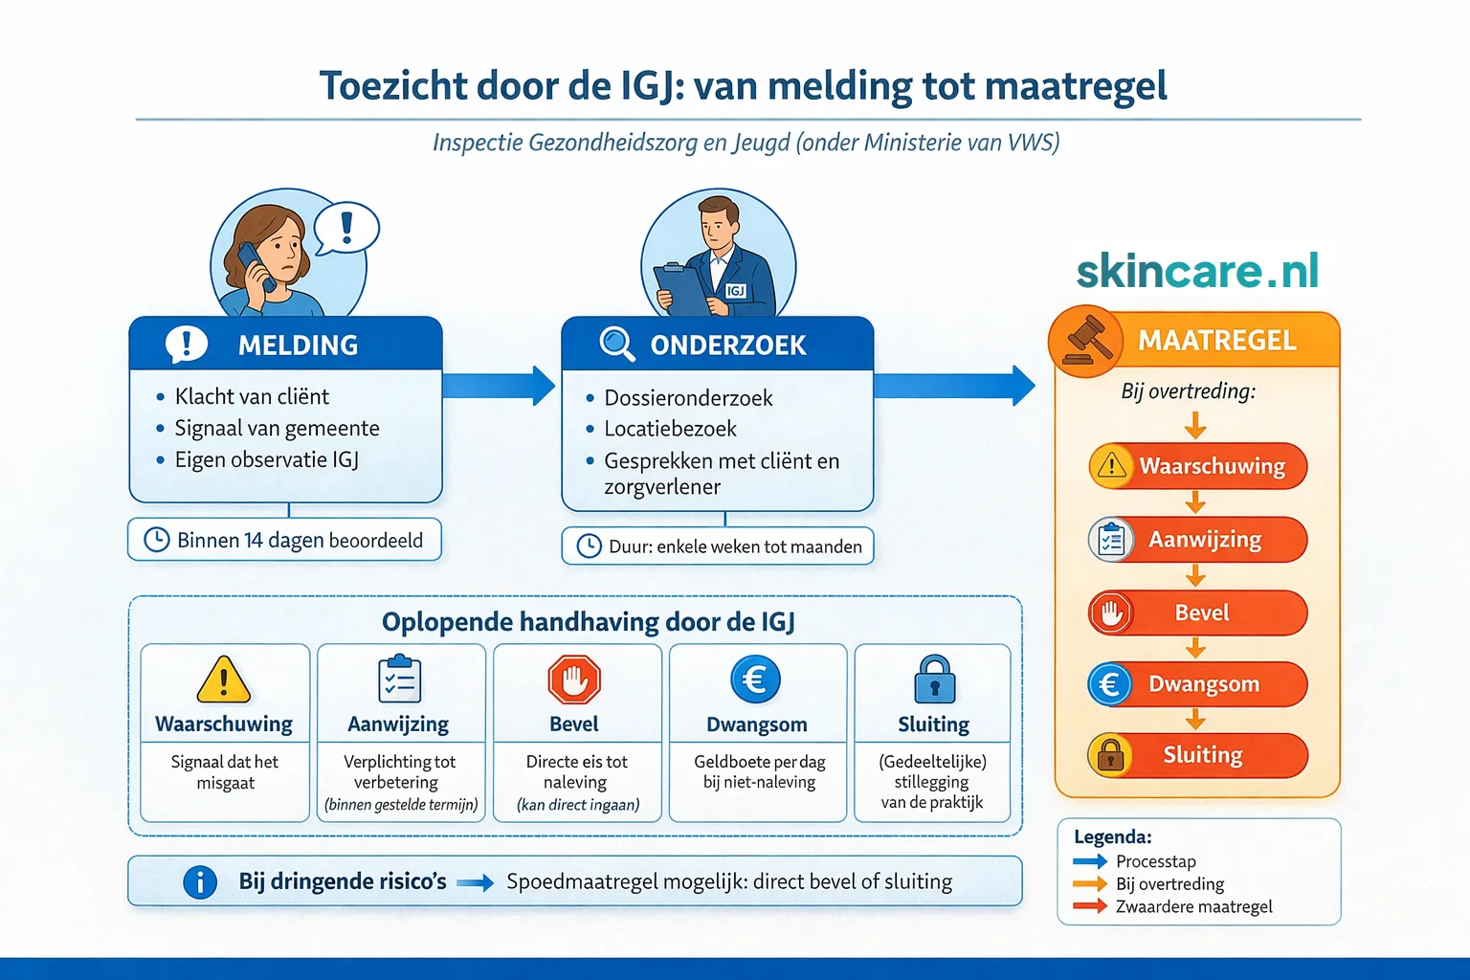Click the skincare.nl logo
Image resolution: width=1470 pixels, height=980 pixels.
pyautogui.click(x=1197, y=271)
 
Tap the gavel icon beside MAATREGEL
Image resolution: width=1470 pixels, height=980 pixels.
pyautogui.click(x=1085, y=340)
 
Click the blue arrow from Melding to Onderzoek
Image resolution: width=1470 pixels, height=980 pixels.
pyautogui.click(x=499, y=386)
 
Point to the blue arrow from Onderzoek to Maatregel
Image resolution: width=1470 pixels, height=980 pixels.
pyautogui.click(x=953, y=386)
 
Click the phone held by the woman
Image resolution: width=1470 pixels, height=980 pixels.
pyautogui.click(x=255, y=265)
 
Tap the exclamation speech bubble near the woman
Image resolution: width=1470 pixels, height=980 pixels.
pyautogui.click(x=346, y=228)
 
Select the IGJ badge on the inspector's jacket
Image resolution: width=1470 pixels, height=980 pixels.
pyautogui.click(x=735, y=290)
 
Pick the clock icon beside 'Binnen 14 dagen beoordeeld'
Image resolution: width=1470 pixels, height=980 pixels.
pyautogui.click(x=156, y=540)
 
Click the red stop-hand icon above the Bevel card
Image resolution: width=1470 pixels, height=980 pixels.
pyautogui.click(x=574, y=680)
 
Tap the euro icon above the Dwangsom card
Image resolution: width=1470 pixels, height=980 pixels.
pyautogui.click(x=755, y=679)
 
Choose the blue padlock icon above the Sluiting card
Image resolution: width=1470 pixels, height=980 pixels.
pyautogui.click(x=934, y=679)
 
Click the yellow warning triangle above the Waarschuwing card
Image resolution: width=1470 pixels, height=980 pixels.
pyautogui.click(x=223, y=680)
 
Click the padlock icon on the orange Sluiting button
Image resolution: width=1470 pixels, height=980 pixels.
pyautogui.click(x=1110, y=755)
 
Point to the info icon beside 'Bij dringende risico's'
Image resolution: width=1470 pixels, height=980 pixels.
pyautogui.click(x=199, y=881)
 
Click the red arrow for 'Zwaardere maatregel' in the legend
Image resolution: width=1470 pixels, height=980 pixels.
pyautogui.click(x=1090, y=905)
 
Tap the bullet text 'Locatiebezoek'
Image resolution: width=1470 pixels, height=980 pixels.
pyautogui.click(x=670, y=429)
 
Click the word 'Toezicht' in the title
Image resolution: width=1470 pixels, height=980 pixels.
pyautogui.click(x=391, y=85)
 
